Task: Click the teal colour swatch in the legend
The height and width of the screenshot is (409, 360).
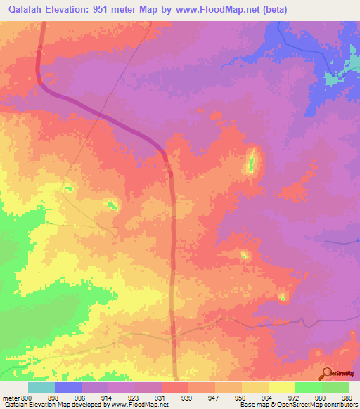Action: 41,387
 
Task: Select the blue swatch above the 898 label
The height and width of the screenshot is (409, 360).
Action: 68,387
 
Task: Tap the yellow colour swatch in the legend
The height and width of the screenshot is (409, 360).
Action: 281,387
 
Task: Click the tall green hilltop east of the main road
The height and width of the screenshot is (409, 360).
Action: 251,163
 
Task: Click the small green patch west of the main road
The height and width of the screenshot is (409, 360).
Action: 110,205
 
